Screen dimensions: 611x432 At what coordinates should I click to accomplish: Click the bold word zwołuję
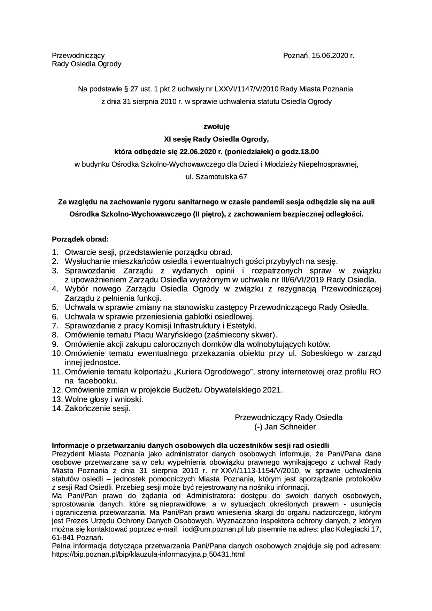tap(216, 127)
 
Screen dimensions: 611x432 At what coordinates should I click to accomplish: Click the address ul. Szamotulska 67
tap(216, 177)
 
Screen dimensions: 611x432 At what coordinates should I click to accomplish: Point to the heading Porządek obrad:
tap(80, 239)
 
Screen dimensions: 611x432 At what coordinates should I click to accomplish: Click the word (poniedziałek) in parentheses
tap(248, 152)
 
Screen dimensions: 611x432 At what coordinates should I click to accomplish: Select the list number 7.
tap(55, 326)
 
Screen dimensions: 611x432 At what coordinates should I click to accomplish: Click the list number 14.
tap(57, 408)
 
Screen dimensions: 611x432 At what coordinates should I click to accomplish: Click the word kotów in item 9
tap(320, 344)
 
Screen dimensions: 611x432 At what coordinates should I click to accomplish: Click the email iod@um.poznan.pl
tap(208, 529)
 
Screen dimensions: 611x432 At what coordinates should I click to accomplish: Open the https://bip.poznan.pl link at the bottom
tap(148, 554)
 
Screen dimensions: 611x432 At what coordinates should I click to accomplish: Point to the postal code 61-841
tap(62, 537)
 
